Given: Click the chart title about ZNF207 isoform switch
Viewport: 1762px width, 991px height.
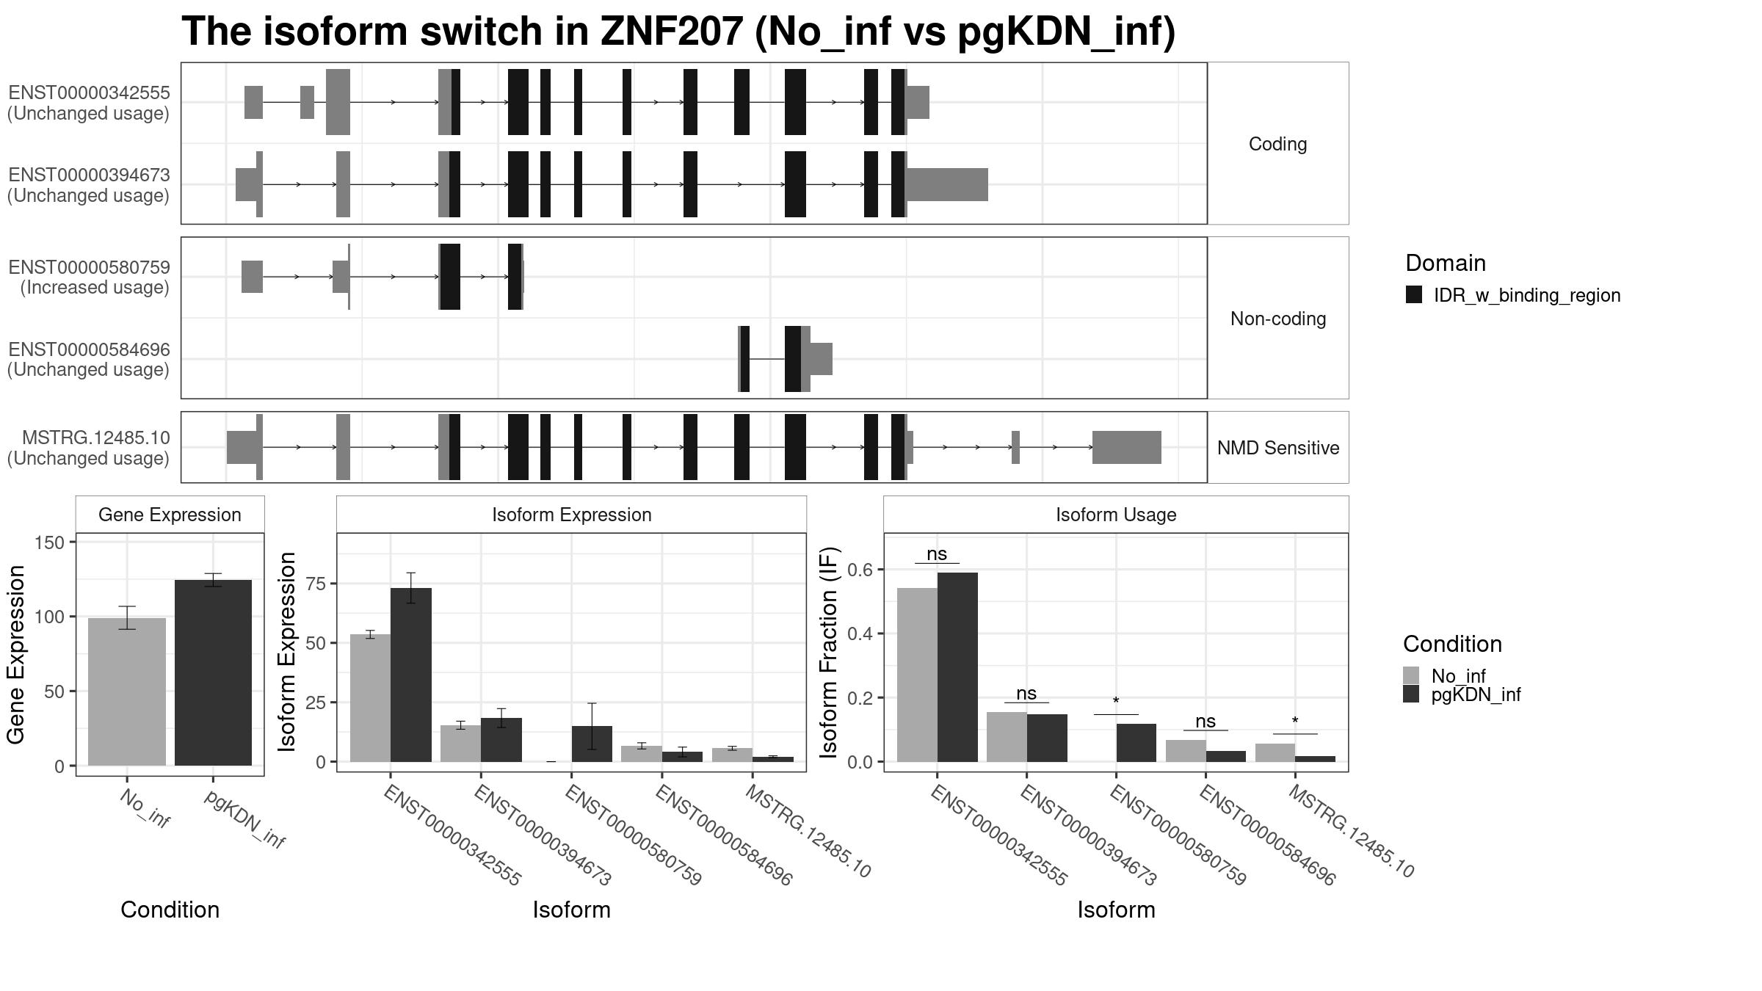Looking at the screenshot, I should pos(678,32).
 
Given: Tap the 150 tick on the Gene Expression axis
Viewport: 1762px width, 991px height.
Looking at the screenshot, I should pos(50,542).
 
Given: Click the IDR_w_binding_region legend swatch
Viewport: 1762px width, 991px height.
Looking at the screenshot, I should pos(1413,295).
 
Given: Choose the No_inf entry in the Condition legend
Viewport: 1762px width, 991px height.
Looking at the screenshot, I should pos(1458,676).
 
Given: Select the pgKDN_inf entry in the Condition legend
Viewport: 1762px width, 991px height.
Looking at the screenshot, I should pos(1476,694).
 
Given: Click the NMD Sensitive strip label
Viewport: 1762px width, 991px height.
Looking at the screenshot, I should pos(1277,448).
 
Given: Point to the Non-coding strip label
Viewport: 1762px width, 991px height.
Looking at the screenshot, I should pos(1277,319).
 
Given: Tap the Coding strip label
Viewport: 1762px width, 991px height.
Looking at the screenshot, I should pos(1277,144).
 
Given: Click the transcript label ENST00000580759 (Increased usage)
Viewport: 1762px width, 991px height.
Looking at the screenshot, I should pos(89,277).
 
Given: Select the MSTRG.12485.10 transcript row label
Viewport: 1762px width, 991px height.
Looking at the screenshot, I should pos(89,448).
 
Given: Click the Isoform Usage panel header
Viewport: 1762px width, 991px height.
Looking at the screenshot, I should pos(1115,515).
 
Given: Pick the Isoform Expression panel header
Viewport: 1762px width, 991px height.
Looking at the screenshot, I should pos(571,515).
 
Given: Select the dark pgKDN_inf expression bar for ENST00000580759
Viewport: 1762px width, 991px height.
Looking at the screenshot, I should pos(592,744).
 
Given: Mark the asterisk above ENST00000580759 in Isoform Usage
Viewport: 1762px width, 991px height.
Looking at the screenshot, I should pos(1116,702).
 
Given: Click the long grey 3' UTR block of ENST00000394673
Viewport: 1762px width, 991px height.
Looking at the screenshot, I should pos(947,184).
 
